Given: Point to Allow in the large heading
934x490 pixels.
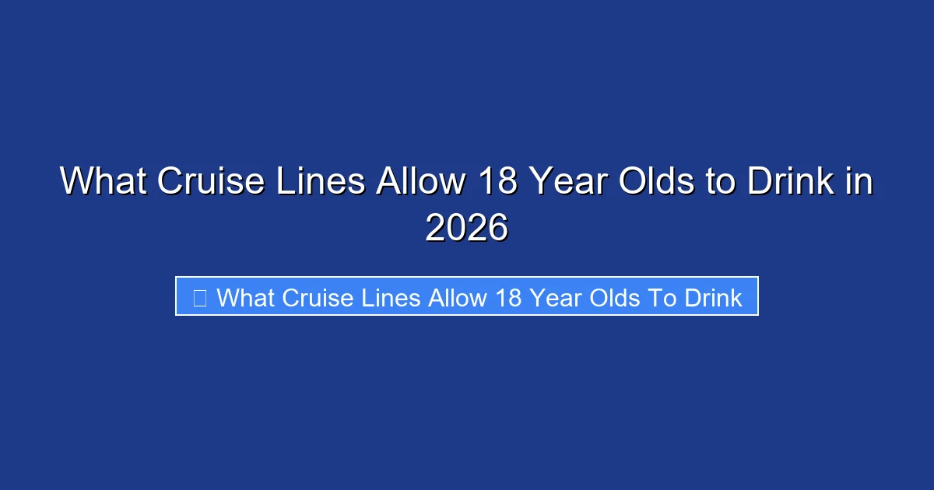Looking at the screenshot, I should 417,183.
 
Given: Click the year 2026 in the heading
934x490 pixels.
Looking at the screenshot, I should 466,228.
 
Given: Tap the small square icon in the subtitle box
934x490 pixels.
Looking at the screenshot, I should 199,297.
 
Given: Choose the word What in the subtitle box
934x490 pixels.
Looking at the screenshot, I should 247,297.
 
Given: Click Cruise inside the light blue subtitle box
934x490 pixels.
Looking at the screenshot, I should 320,297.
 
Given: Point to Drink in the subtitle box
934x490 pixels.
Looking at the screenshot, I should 712,297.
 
